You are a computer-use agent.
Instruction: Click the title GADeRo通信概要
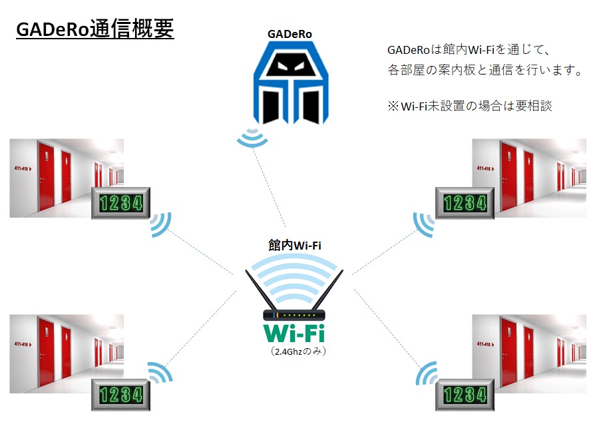pyautogui.click(x=95, y=30)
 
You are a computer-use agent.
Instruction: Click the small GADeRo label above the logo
pyautogui.click(x=290, y=34)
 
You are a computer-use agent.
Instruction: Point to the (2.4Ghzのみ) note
pyautogui.click(x=295, y=349)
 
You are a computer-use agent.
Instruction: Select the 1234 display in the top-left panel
pyautogui.click(x=120, y=202)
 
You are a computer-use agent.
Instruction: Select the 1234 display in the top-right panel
pyautogui.click(x=465, y=202)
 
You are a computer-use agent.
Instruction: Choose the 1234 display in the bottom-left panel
pyautogui.click(x=120, y=395)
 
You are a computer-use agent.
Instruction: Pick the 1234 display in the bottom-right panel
pyautogui.click(x=465, y=395)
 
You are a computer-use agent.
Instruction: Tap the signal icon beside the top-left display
pyautogui.click(x=160, y=224)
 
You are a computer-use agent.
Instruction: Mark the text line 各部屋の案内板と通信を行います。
pyautogui.click(x=485, y=69)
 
